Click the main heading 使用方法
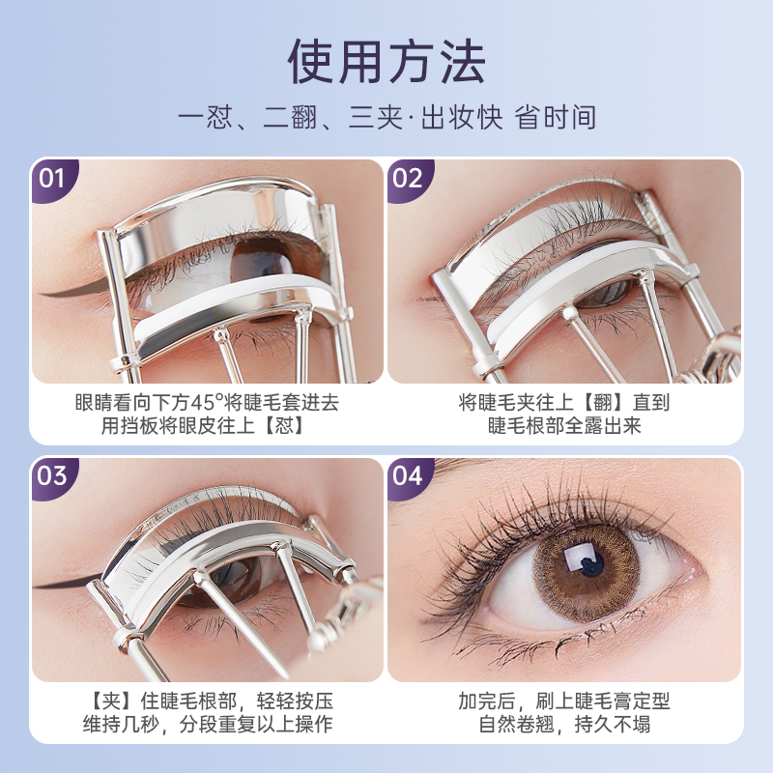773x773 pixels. [386, 60]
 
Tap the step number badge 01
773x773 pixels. [51, 179]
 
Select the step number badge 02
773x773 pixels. [408, 179]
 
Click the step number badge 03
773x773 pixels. [51, 476]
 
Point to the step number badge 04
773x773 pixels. [408, 476]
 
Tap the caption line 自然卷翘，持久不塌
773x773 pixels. [564, 724]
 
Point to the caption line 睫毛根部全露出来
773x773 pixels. [564, 425]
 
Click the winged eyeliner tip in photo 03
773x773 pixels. [43, 586]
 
